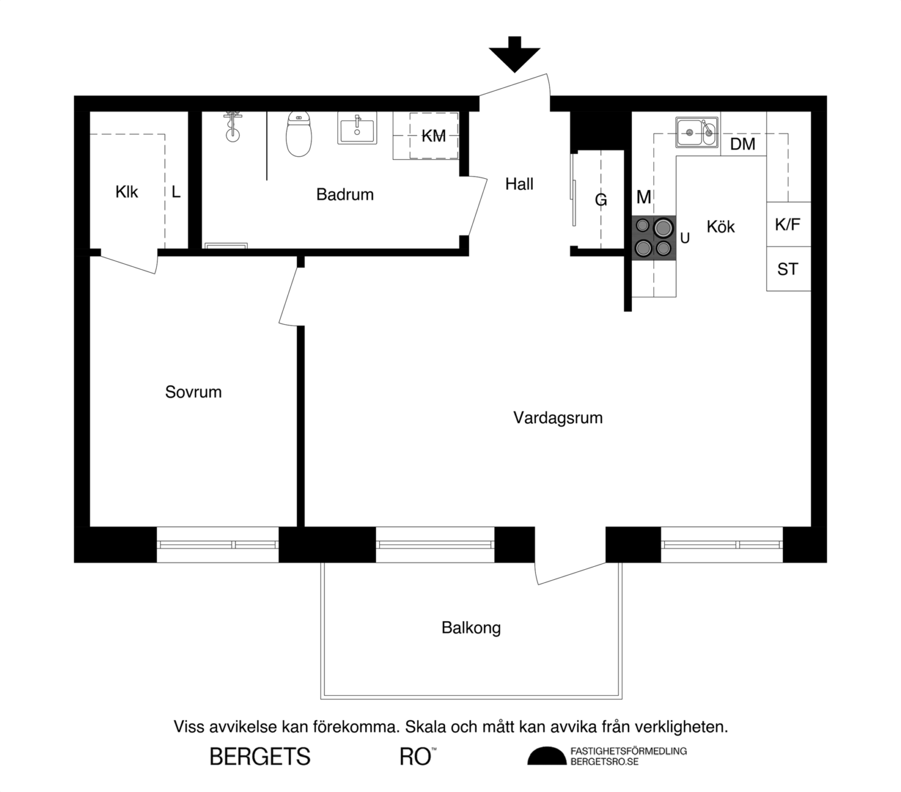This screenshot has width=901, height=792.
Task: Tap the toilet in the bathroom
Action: [x=299, y=134]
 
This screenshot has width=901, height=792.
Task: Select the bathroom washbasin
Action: [x=357, y=128]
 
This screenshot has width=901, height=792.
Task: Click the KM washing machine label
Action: [x=434, y=136]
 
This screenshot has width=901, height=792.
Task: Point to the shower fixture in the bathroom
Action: [x=232, y=126]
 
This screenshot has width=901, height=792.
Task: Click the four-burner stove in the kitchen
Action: [x=654, y=238]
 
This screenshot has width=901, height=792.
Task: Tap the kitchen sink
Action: [x=697, y=132]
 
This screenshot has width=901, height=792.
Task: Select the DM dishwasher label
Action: [x=743, y=144]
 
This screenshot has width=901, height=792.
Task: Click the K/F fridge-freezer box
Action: [x=788, y=224]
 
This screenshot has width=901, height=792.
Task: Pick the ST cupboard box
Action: [x=788, y=269]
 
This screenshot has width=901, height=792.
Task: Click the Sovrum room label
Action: [x=194, y=392]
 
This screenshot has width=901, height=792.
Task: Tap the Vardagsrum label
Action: [x=558, y=418]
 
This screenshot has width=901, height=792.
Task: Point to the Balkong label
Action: [x=471, y=628]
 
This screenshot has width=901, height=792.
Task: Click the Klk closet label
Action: [x=127, y=192]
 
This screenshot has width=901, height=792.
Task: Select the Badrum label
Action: [x=345, y=195]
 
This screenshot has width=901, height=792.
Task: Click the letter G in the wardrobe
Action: [x=601, y=200]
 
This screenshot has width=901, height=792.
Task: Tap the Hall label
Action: [x=520, y=184]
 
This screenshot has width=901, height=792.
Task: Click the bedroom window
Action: [x=217, y=544]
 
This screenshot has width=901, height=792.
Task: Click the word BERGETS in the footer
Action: [x=260, y=757]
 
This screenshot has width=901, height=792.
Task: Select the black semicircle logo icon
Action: [x=547, y=757]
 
